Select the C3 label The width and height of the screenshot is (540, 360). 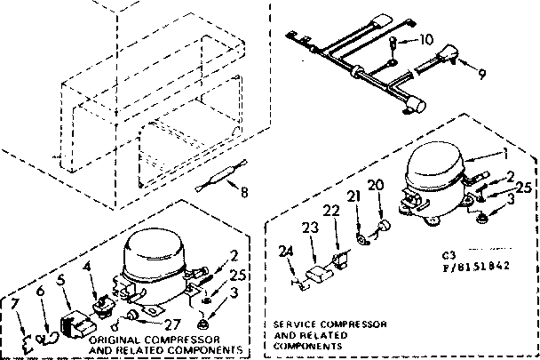[447, 253]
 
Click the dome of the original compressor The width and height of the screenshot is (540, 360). [151, 248]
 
